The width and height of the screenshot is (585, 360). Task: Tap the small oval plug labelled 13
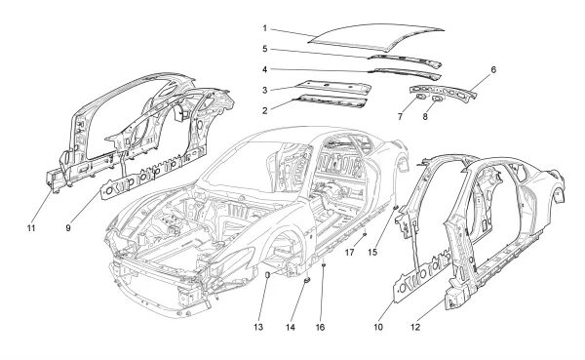[x=266, y=276]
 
